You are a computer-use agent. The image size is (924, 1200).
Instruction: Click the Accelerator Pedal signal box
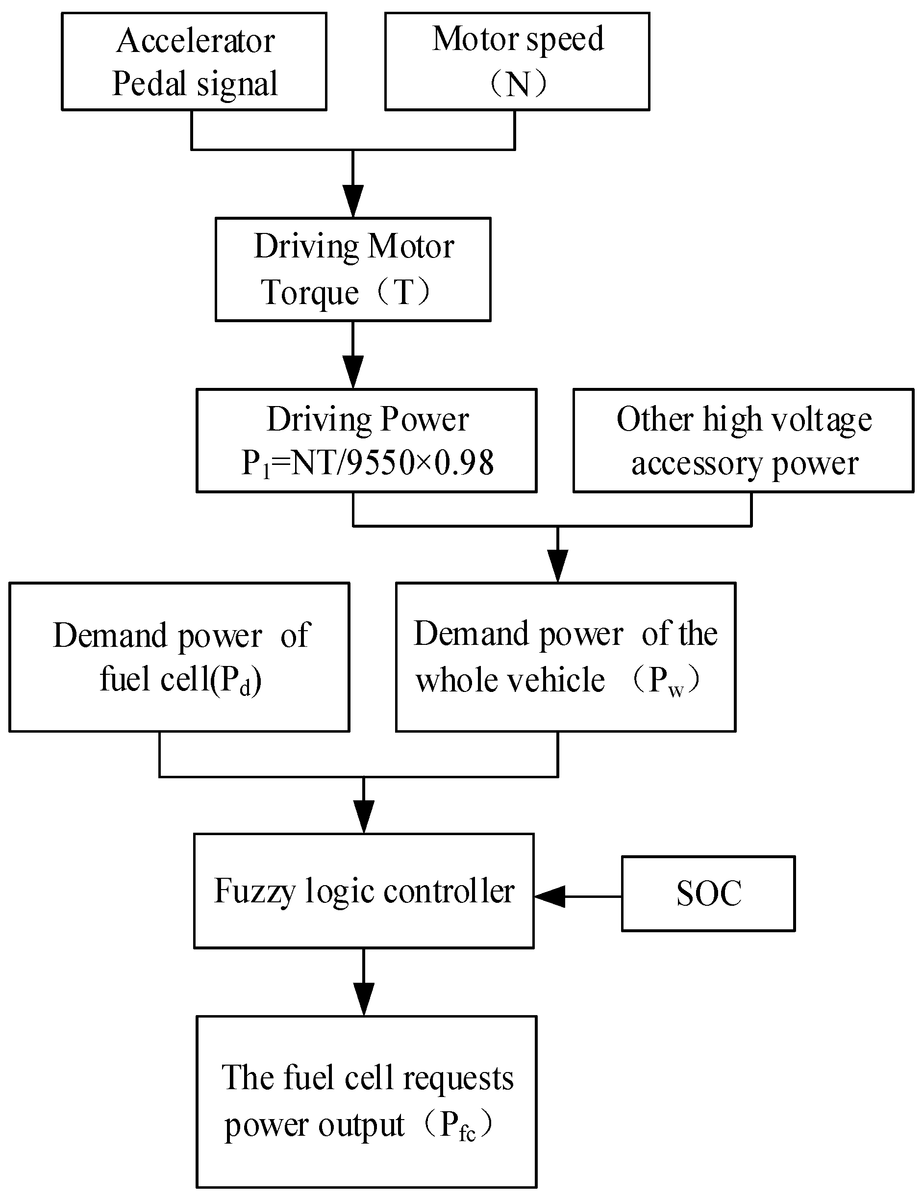coord(194,61)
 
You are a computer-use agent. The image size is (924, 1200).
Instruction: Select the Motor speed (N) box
coord(517,61)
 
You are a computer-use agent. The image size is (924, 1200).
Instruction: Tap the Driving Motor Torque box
coord(352,269)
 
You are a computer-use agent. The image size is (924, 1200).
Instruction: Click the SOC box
coord(708,893)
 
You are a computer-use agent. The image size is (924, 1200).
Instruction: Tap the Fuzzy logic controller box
coord(364,891)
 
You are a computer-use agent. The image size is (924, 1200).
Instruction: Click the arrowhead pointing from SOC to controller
coord(549,896)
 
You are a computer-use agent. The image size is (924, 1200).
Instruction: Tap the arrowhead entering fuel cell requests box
coord(364,999)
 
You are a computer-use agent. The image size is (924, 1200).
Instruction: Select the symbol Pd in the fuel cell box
coord(236,681)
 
